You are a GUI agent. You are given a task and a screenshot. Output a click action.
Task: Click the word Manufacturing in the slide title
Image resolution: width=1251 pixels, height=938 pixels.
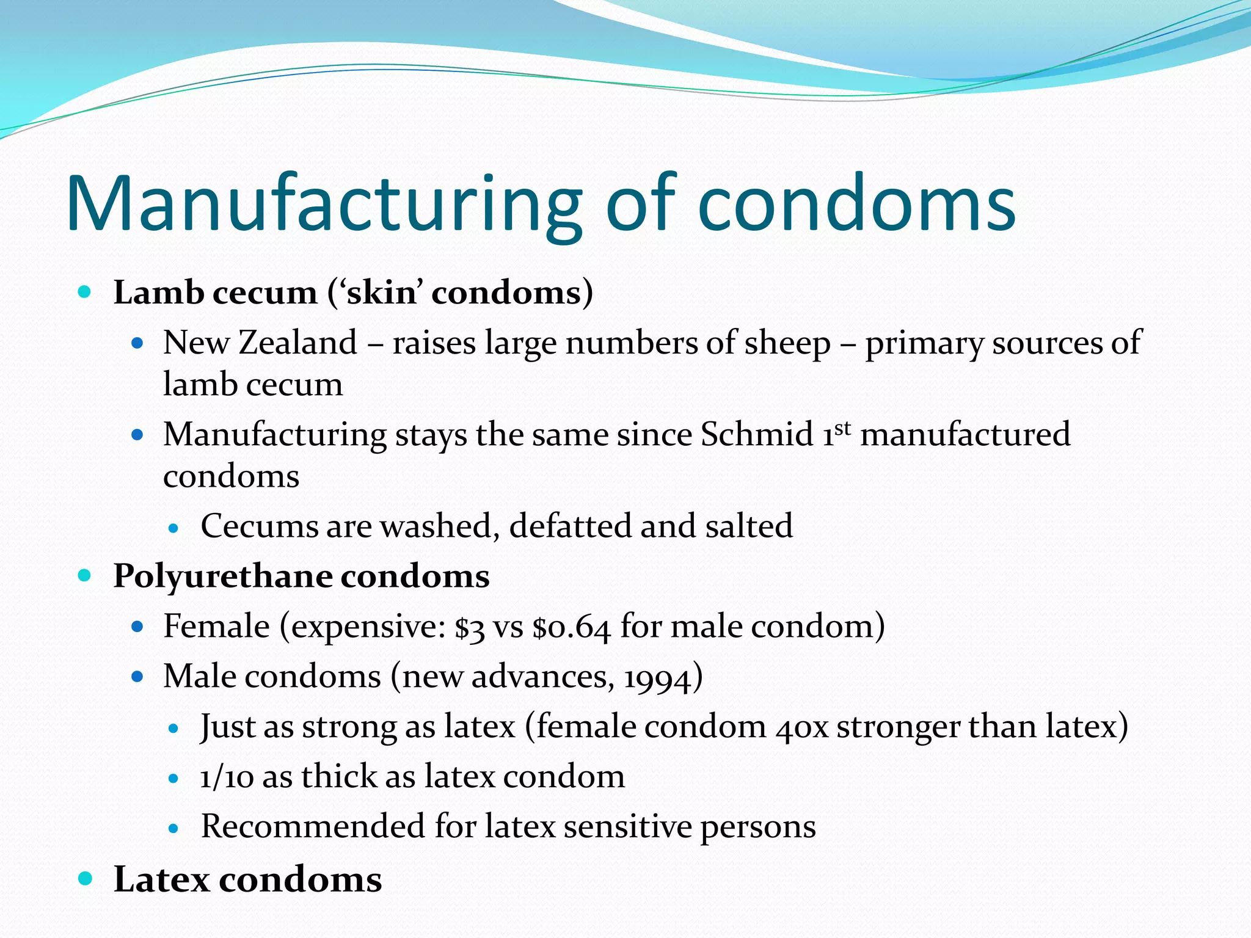tap(324, 205)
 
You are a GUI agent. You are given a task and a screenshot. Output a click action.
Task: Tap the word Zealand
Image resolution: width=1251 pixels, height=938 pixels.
tap(297, 343)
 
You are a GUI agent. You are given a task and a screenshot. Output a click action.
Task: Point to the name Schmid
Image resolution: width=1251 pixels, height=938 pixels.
tap(757, 434)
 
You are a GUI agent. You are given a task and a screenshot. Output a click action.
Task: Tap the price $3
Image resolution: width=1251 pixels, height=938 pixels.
tap(470, 627)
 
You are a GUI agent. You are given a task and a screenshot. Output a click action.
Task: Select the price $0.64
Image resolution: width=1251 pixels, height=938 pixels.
tap(571, 627)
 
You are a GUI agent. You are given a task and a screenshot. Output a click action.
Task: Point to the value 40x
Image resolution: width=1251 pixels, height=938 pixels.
tap(802, 727)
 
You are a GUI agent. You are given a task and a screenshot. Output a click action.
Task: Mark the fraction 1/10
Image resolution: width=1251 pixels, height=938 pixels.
tap(227, 777)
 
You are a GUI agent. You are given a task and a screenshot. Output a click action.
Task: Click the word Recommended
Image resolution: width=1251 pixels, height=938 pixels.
tap(313, 826)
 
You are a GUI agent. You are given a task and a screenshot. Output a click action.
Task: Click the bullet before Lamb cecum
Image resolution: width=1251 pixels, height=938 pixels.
tap(85, 292)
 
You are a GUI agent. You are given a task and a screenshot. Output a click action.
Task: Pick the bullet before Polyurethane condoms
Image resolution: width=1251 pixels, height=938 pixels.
tap(85, 575)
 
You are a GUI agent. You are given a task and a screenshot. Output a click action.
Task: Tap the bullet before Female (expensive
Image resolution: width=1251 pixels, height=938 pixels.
tap(137, 627)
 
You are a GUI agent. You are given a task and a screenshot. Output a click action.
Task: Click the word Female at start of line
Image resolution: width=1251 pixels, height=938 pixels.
tap(216, 627)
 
